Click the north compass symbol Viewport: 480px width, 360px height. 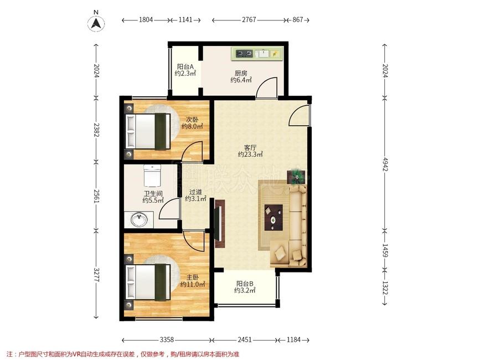pyautogui.click(x=96, y=23)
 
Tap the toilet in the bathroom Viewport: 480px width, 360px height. pyautogui.click(x=152, y=176)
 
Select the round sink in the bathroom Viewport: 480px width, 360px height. pyautogui.click(x=139, y=219)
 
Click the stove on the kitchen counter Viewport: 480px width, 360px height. pyautogui.click(x=244, y=54)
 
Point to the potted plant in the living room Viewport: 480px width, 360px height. pyautogui.click(x=296, y=177)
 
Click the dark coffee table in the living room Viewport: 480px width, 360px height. pyautogui.click(x=273, y=217)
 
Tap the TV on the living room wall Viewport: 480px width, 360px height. pyautogui.click(x=219, y=223)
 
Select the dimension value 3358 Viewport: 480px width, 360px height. pyautogui.click(x=167, y=340)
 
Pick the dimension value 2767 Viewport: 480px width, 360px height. pyautogui.click(x=249, y=20)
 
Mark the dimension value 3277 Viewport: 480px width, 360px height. pyautogui.click(x=96, y=275)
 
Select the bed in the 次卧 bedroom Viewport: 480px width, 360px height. pyautogui.click(x=148, y=132)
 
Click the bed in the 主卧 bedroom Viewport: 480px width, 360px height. pyautogui.click(x=148, y=282)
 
